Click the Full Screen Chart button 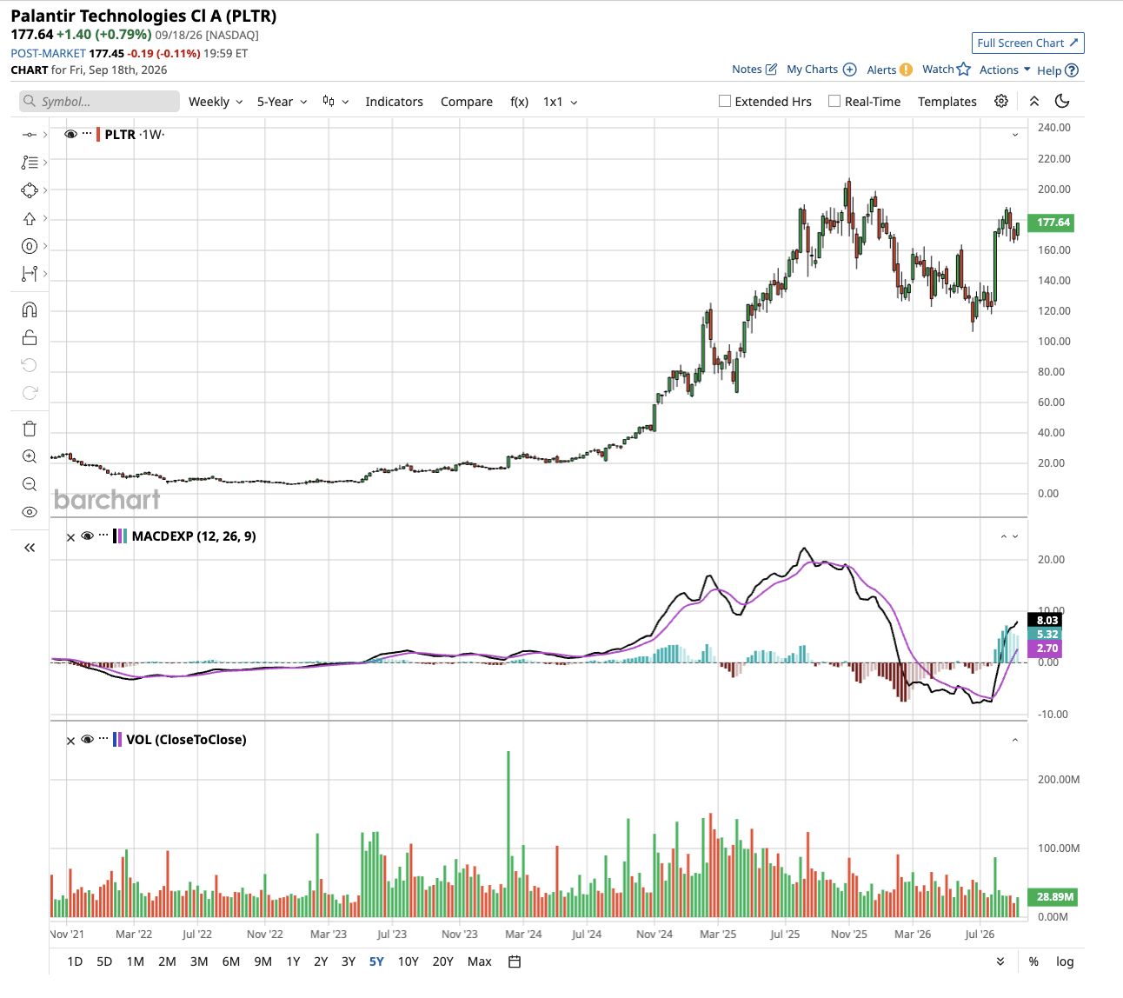1027,43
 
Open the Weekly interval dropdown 215,102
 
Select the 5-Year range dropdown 282,102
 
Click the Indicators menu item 394,102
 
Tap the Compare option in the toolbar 466,102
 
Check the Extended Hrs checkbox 724,101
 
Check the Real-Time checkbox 834,101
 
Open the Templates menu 947,102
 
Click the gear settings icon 1000,101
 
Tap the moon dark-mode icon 1061,101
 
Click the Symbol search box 99,102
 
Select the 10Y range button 408,961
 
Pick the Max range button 479,961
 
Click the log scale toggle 1064,961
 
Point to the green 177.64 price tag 1050,223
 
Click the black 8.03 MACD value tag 1045,620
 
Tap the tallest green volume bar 508,834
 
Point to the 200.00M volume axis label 1058,780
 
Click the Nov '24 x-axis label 654,935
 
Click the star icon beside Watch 963,70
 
